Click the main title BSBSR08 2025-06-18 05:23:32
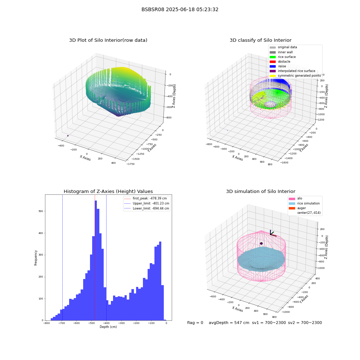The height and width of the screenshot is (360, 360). [x=180, y=9]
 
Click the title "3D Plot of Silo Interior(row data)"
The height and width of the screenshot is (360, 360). [x=108, y=40]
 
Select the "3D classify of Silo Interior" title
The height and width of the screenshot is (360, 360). [x=261, y=40]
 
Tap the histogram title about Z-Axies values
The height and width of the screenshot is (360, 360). [x=108, y=191]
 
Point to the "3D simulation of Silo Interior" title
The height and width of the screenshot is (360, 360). [x=261, y=191]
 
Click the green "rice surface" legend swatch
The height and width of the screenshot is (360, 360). [x=273, y=57]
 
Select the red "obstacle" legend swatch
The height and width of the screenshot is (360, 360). [x=273, y=62]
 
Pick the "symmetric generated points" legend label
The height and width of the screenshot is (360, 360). [x=300, y=76]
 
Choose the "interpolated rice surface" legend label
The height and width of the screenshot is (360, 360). [x=296, y=71]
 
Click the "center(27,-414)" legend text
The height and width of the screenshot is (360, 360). [x=309, y=213]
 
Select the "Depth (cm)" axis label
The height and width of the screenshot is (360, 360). [x=108, y=327]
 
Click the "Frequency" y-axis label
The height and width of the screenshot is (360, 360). [x=36, y=258]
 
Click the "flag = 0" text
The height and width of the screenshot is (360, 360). [x=195, y=323]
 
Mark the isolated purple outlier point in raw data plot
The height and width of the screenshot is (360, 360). [x=68, y=136]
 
